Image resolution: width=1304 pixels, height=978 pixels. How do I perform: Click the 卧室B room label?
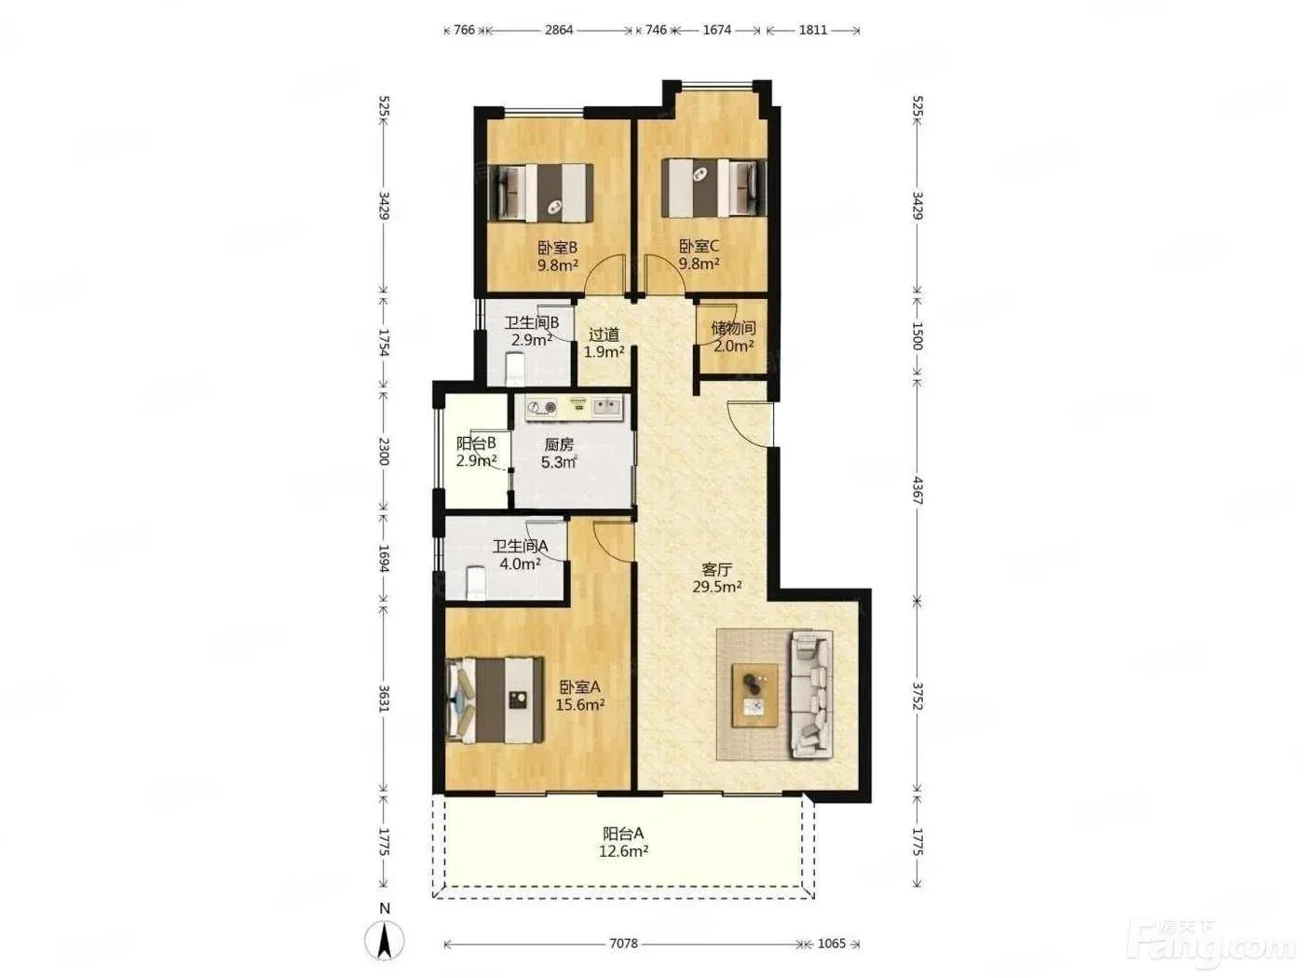[557, 247]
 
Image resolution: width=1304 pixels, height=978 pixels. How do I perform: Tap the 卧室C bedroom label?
[699, 245]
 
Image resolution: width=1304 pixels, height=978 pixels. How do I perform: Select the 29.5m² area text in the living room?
[716, 588]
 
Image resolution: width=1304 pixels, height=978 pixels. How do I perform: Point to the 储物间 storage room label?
[733, 328]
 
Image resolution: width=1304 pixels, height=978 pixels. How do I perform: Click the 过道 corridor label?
[604, 334]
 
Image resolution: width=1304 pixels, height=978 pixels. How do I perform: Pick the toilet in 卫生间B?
[514, 368]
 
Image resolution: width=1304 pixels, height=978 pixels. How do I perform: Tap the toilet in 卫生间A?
[476, 583]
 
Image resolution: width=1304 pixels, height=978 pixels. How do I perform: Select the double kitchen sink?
[606, 407]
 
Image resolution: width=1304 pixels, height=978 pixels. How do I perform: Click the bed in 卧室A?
[495, 700]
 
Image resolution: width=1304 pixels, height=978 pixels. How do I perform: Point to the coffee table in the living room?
[755, 696]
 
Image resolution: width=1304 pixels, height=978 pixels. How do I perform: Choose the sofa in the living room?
[811, 695]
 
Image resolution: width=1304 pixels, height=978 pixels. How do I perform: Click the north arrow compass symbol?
[385, 941]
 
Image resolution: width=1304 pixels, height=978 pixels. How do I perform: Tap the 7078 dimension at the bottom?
[623, 943]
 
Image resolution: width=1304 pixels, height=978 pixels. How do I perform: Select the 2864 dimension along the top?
[559, 30]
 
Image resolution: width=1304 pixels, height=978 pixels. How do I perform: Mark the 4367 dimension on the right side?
[917, 490]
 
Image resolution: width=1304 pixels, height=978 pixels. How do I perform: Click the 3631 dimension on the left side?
[384, 699]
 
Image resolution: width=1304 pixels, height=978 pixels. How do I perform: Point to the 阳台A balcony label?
[623, 834]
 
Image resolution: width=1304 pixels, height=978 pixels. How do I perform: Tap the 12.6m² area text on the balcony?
[623, 851]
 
